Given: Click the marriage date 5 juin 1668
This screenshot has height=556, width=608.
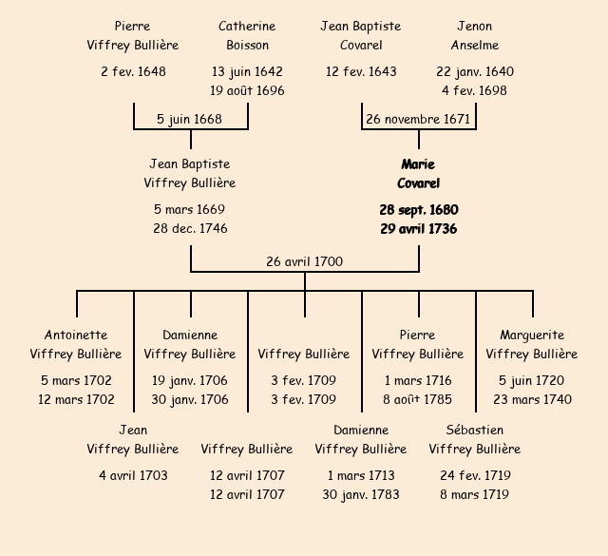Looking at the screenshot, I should click(190, 119).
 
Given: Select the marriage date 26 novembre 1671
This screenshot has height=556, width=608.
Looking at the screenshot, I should click(418, 119).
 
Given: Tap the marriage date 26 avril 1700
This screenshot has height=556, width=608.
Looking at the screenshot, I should click(305, 261).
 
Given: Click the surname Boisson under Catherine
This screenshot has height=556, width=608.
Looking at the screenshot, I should click(247, 45).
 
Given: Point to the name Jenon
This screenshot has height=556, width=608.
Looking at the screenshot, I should click(475, 26).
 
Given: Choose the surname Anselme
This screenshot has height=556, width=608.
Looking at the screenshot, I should click(475, 45).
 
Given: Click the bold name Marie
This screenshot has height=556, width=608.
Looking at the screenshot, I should click(418, 164).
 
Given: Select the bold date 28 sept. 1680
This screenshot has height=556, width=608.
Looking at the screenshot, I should click(418, 209).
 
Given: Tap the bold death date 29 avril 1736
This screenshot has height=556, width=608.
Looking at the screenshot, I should click(418, 228).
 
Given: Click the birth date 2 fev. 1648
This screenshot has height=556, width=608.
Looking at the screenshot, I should click(133, 71).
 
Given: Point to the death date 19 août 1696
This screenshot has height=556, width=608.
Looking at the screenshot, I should click(247, 90).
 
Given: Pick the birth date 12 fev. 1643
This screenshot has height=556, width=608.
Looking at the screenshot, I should click(361, 71).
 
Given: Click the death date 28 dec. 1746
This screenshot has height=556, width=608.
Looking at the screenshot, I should click(190, 228).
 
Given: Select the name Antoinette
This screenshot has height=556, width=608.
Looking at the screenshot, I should click(76, 335).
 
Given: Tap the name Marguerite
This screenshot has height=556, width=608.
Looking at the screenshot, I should click(532, 335).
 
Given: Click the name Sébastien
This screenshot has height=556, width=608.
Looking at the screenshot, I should click(475, 430).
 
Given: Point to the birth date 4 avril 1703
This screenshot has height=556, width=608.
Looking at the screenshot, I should click(133, 475).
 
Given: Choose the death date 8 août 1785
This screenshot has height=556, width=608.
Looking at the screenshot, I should click(418, 399).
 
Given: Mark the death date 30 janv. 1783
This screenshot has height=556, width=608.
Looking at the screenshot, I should click(361, 494).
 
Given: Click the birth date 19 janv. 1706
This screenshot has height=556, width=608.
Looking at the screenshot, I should click(190, 380).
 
